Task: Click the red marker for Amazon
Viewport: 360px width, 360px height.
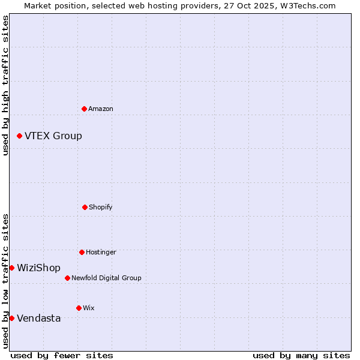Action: tap(84, 109)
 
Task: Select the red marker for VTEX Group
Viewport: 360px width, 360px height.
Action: tap(19, 136)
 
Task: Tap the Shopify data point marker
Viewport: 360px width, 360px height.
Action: tap(85, 207)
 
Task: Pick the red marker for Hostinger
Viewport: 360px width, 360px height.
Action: tap(82, 252)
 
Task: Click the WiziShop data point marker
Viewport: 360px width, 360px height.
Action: tap(11, 268)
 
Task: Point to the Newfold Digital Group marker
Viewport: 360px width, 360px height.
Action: tap(67, 278)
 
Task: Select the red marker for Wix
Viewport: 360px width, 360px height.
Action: tap(79, 308)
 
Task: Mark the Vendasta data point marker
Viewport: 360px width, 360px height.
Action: tap(11, 318)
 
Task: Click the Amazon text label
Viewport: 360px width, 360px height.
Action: tap(101, 109)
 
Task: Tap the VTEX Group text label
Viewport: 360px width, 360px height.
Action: tap(53, 136)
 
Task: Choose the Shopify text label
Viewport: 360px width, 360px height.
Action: tap(101, 207)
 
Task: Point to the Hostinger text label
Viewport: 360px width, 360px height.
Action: tap(101, 252)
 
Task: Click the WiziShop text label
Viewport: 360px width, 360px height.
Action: tap(38, 268)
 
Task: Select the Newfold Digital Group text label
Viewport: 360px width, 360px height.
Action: tap(106, 278)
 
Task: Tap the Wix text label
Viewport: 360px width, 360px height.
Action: tap(89, 308)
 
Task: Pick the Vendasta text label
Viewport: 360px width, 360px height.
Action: tap(38, 318)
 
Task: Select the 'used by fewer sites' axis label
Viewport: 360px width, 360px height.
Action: tap(62, 355)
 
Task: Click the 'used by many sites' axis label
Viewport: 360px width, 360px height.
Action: tap(301, 355)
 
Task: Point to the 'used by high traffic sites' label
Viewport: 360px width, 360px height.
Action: tap(5, 85)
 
